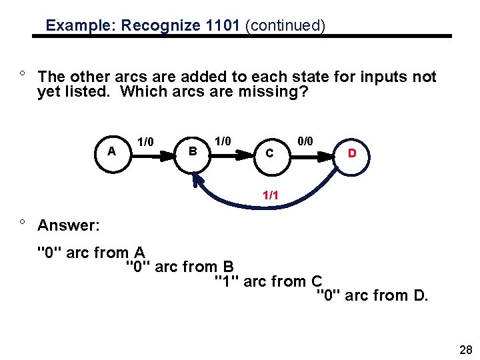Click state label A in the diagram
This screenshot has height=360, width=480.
pyautogui.click(x=111, y=151)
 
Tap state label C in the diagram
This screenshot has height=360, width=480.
pyautogui.click(x=269, y=153)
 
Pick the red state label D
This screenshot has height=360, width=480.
pyautogui.click(x=352, y=153)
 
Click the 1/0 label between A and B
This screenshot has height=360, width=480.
pyautogui.click(x=145, y=141)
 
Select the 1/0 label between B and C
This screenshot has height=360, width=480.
pyautogui.click(x=223, y=141)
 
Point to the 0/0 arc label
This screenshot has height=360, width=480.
pyautogui.click(x=305, y=141)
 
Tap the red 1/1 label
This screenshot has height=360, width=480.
pyautogui.click(x=271, y=196)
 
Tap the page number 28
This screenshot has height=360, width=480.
pyautogui.click(x=465, y=349)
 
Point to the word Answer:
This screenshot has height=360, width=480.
pyautogui.click(x=69, y=225)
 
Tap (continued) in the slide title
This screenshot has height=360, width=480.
pyautogui.click(x=285, y=26)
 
